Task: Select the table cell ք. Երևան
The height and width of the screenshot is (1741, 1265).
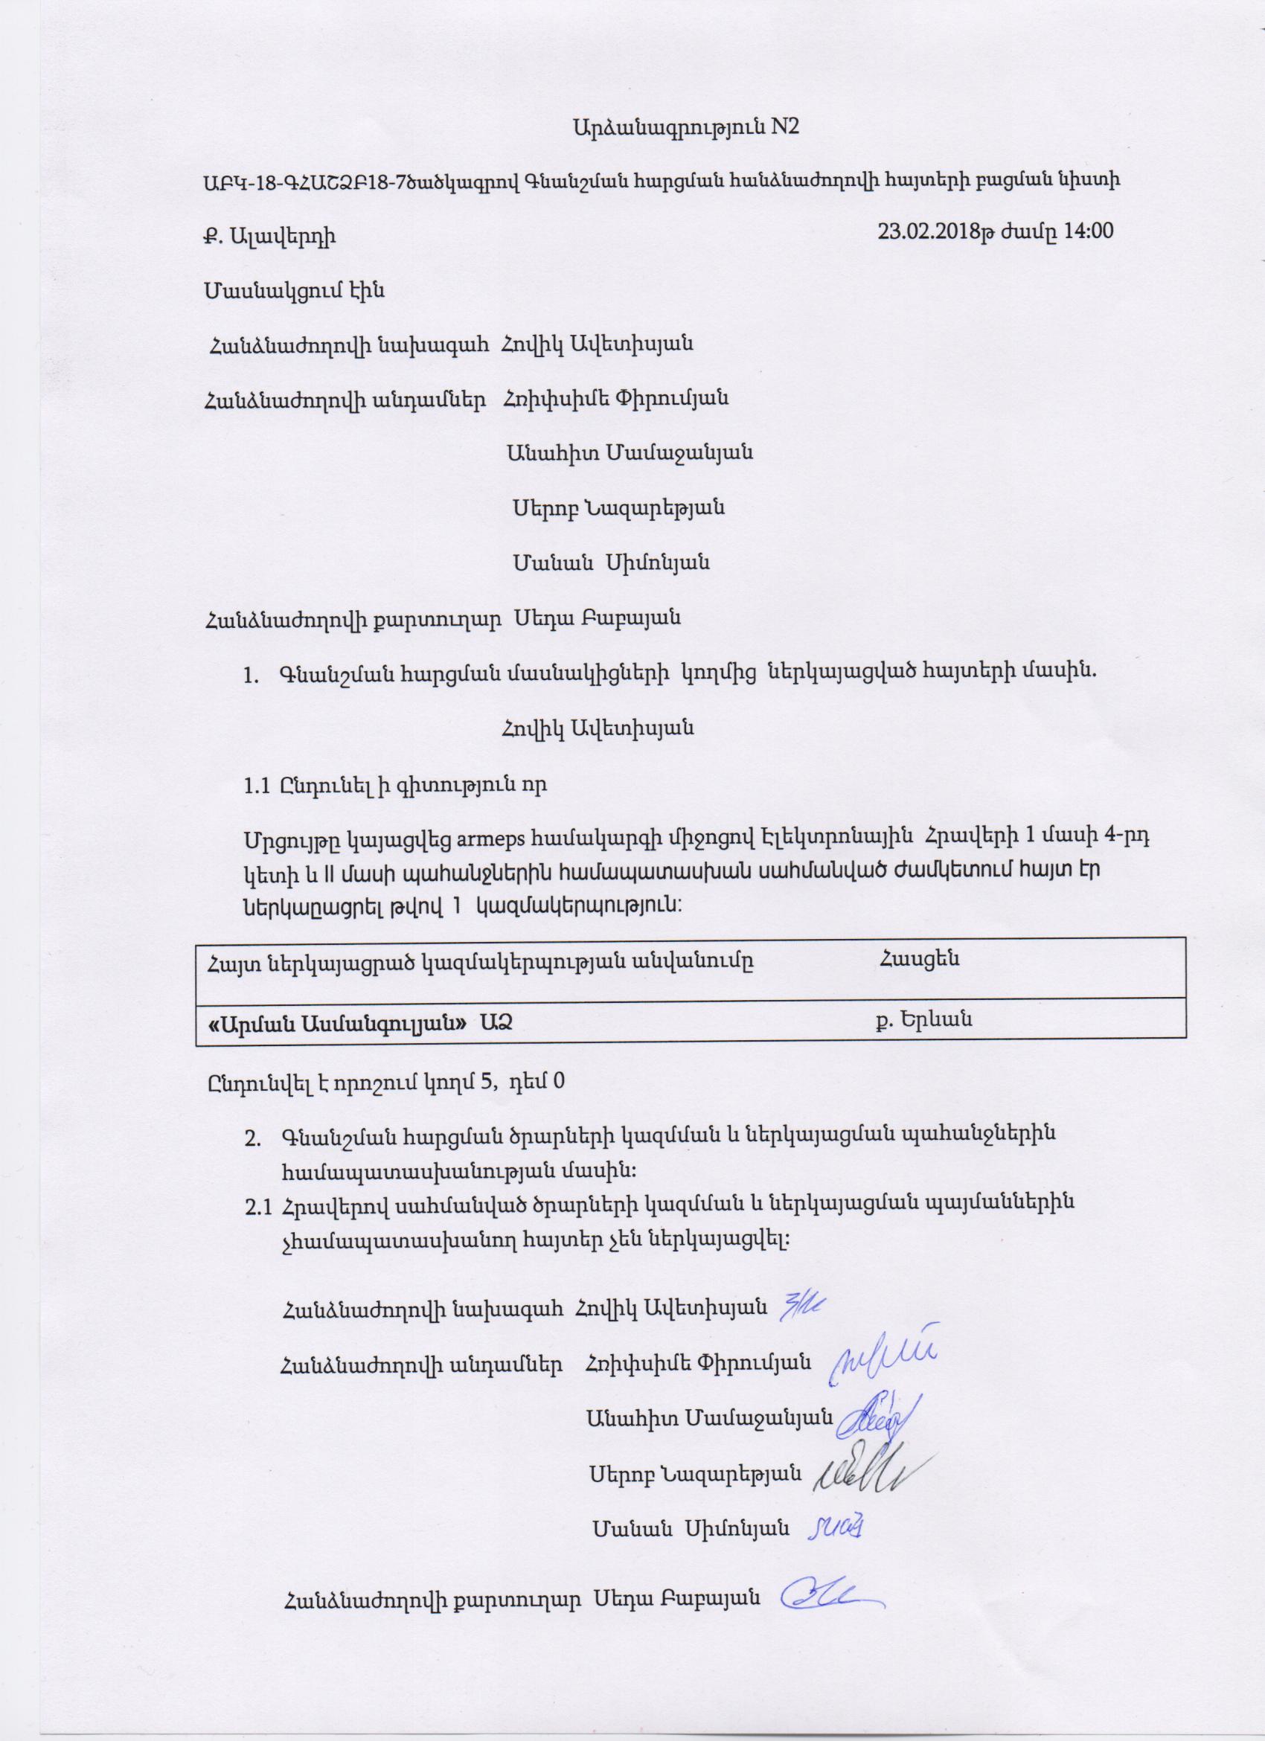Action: click(924, 1019)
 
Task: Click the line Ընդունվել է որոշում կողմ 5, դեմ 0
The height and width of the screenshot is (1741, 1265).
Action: click(385, 1081)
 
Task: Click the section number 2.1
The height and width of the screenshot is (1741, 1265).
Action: click(257, 1208)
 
